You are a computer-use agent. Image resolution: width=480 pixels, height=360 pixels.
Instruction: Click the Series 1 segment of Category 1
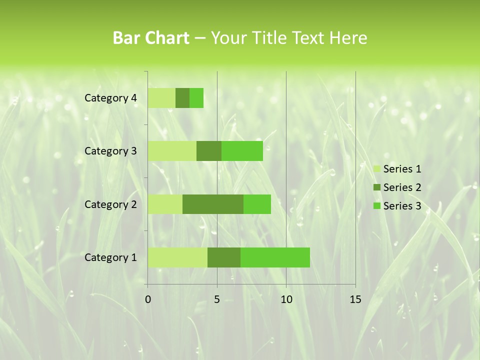pos(177,257)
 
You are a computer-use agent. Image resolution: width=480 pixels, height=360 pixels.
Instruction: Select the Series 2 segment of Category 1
pos(224,257)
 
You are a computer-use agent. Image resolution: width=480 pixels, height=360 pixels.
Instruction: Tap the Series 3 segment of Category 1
pos(275,257)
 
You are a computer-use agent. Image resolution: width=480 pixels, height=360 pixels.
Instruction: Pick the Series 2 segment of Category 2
pos(213,204)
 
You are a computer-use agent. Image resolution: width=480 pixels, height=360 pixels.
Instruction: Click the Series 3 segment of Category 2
pos(257,204)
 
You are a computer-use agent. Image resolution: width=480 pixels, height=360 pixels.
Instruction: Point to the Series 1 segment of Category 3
pos(172,151)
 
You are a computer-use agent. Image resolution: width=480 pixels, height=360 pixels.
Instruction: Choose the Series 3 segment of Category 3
pos(242,151)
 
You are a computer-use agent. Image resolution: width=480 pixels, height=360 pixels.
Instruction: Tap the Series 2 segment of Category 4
pos(182,98)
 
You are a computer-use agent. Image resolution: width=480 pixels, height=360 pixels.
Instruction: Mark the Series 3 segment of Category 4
pos(196,98)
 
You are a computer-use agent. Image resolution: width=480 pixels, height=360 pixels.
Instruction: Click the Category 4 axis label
pos(110,98)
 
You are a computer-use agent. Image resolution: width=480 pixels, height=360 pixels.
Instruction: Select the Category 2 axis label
pos(110,204)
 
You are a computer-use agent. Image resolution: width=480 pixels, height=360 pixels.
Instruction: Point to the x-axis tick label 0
pos(148,299)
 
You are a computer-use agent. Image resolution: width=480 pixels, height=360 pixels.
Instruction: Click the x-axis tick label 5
pos(217,299)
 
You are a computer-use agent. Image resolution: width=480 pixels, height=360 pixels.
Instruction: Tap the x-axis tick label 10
pos(286,299)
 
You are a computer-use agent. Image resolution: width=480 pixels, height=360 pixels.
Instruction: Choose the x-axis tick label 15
pos(355,299)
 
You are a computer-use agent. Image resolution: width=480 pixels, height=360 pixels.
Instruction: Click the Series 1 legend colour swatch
pos(376,169)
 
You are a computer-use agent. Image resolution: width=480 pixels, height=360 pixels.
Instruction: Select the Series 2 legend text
pos(402,187)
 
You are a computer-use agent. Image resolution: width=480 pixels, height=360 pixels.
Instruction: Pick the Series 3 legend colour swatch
pos(376,206)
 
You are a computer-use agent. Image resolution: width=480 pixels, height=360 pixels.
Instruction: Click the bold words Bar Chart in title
pos(151,38)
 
